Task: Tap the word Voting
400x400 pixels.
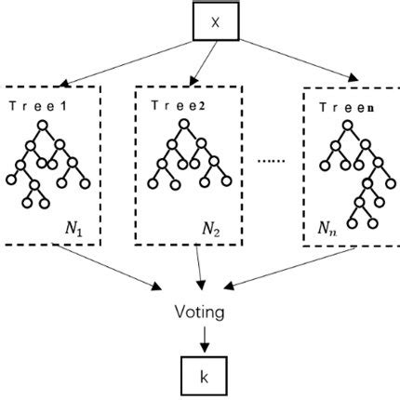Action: coord(199,313)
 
